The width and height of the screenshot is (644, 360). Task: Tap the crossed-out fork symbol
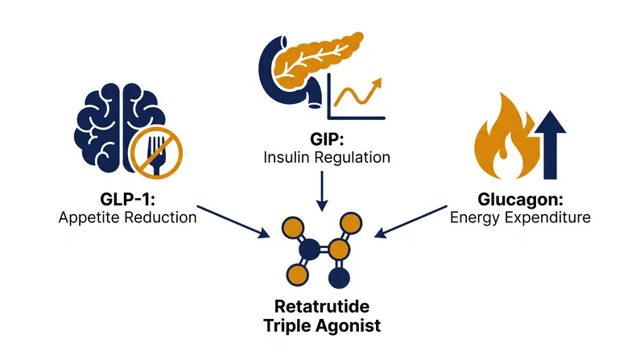[x=156, y=153]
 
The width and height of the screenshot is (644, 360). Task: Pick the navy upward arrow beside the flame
[x=551, y=145]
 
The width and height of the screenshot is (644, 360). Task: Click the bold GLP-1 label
[x=128, y=199]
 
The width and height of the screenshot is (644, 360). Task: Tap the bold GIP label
[x=327, y=139]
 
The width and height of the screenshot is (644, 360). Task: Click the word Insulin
[x=287, y=157]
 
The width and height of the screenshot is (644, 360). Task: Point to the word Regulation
[x=353, y=158]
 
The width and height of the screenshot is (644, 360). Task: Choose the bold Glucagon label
[x=520, y=200]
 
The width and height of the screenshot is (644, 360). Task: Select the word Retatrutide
[x=321, y=307]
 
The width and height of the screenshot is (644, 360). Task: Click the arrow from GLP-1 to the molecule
[x=233, y=221]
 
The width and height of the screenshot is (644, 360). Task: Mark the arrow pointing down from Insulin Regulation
[x=322, y=191]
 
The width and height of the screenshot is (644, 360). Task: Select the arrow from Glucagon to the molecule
[x=411, y=221]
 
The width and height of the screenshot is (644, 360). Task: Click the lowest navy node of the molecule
[x=339, y=278]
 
